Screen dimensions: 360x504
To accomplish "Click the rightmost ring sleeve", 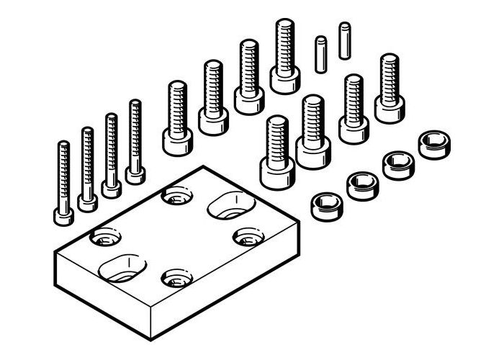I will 433,143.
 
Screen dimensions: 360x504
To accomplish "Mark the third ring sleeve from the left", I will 397,164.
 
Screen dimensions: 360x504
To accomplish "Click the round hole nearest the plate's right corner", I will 248,236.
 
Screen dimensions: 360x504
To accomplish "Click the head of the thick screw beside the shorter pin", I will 285,80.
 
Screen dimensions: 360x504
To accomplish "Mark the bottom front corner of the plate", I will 149,338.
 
